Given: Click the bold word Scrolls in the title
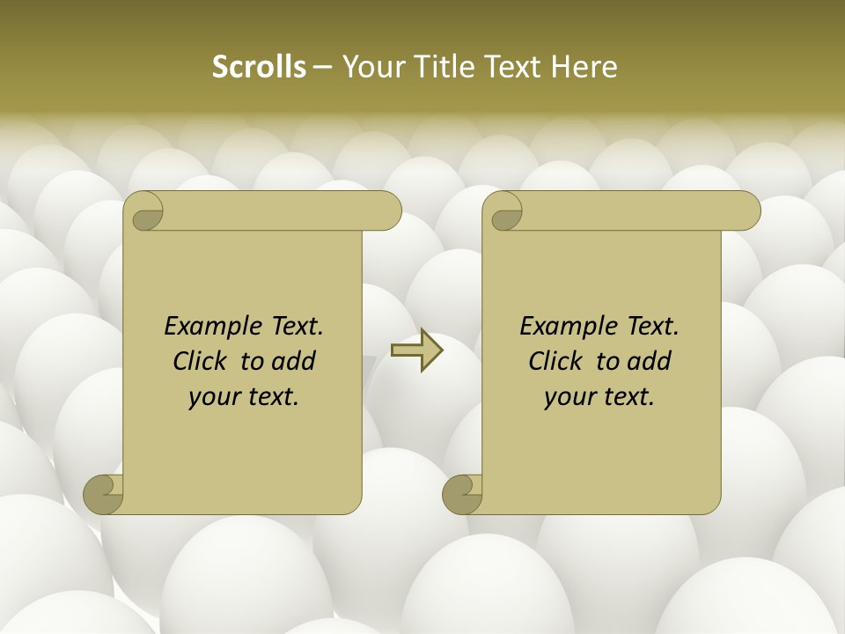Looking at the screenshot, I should tap(260, 66).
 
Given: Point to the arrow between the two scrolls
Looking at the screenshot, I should tap(416, 350).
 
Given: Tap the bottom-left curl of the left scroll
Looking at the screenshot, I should tap(103, 493).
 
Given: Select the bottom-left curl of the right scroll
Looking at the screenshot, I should tap(462, 493).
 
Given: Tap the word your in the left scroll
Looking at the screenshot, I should tap(213, 397).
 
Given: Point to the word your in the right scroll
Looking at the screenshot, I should tap(569, 397).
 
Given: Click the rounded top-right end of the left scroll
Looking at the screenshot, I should tap(387, 211).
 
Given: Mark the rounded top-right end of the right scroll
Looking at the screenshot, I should tap(746, 211).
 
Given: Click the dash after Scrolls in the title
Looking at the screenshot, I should tap(321, 67).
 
